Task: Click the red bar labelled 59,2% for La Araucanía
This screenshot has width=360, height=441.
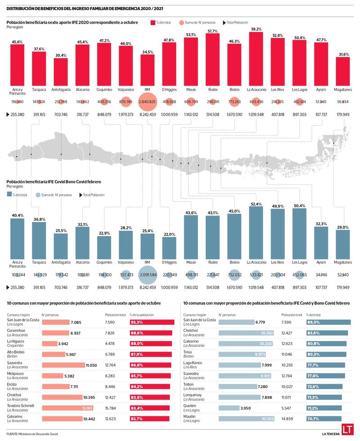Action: click(x=256, y=57)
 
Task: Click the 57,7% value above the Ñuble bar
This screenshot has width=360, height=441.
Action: click(x=212, y=32)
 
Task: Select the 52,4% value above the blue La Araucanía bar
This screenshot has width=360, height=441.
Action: click(x=256, y=204)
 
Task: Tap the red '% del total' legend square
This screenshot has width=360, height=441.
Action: click(x=153, y=22)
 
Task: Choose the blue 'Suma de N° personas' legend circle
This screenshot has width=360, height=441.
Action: click(x=37, y=195)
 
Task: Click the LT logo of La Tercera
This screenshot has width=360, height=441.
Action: click(x=346, y=429)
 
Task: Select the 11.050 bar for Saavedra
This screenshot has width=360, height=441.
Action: click(x=63, y=365)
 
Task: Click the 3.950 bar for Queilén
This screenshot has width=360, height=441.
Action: click(x=229, y=408)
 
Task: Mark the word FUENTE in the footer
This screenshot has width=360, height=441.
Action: click(x=12, y=434)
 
